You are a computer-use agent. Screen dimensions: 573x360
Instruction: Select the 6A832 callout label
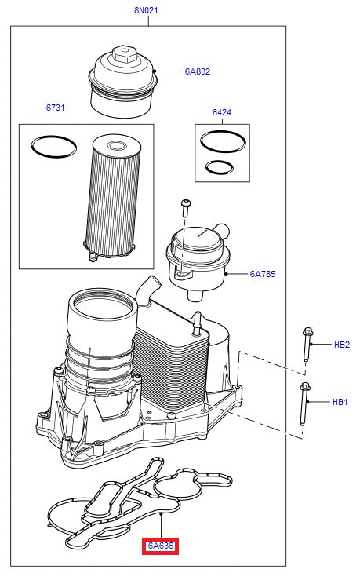pos(197,71)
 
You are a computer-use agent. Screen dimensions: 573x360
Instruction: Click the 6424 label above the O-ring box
pos(222,112)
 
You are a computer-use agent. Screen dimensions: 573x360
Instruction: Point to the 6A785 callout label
pos(262,275)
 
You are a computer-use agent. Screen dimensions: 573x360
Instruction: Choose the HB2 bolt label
pos(341,345)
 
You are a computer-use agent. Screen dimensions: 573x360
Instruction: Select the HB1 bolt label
pos(340,402)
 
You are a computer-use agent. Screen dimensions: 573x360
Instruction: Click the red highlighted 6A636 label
pos(160,546)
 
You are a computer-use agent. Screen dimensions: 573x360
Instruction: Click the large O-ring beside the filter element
pos(54,146)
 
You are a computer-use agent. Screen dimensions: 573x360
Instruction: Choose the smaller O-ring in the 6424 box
pos(218,166)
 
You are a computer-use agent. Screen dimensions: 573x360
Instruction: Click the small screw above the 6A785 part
pos(186,206)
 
